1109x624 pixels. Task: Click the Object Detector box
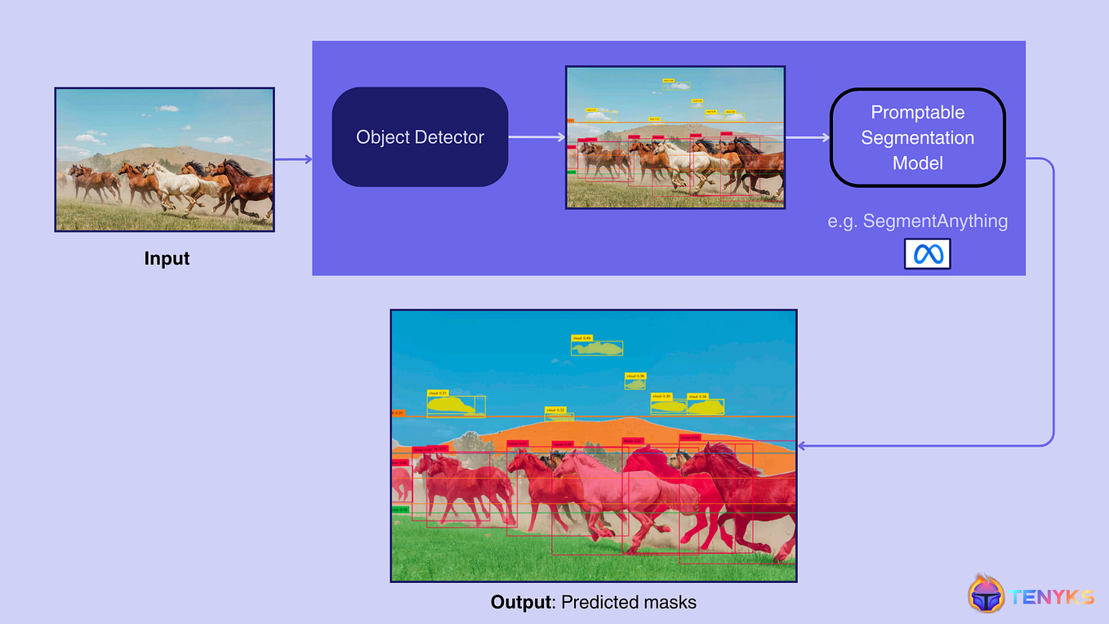tap(420, 137)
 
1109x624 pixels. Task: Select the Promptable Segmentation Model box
tap(917, 137)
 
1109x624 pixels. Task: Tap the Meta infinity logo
tap(927, 254)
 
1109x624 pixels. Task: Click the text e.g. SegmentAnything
tap(917, 221)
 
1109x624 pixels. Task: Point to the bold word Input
tap(167, 258)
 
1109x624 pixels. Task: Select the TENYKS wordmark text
tap(1052, 596)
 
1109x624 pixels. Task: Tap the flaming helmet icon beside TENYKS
tap(986, 594)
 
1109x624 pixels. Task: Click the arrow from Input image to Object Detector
tap(293, 159)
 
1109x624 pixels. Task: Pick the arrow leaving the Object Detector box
tap(535, 137)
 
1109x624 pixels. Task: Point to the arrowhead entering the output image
tap(802, 446)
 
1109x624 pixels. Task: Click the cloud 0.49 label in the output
tap(581, 337)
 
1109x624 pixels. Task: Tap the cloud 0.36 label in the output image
tap(635, 376)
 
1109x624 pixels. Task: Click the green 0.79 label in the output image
tap(399, 510)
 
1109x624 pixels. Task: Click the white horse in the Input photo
tap(176, 183)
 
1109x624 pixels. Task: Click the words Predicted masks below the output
tap(629, 603)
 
